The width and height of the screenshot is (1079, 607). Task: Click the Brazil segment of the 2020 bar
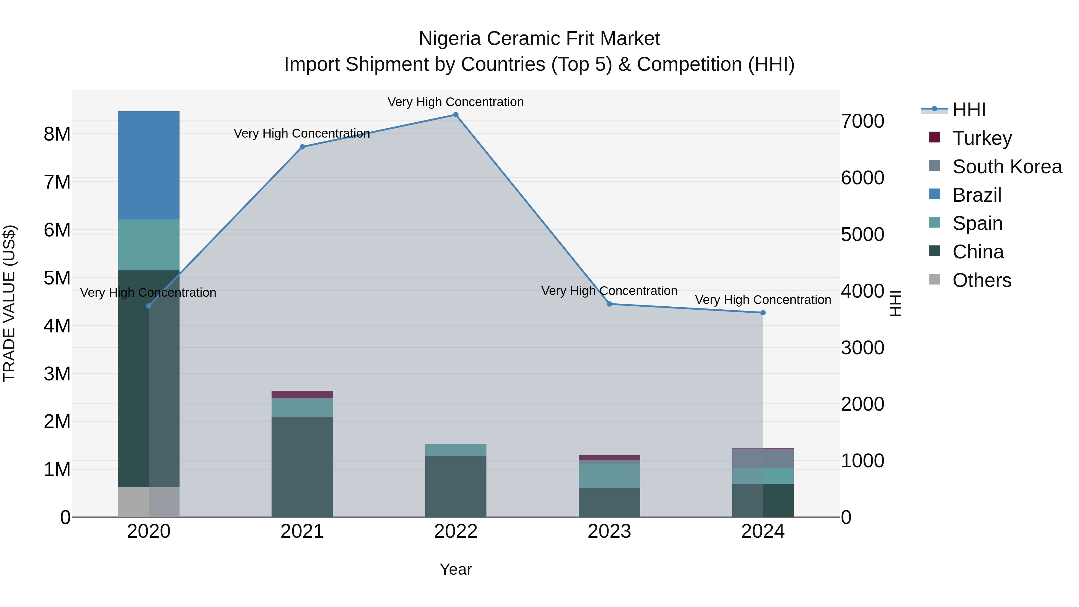point(149,165)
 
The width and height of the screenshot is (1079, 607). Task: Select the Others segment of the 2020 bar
point(149,501)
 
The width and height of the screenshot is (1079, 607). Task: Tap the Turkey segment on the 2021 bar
point(302,394)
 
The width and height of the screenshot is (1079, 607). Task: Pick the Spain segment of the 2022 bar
point(456,450)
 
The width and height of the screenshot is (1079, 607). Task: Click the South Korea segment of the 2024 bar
point(763,459)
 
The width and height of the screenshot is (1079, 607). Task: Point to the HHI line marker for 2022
point(456,115)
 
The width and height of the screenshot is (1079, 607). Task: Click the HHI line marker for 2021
point(302,147)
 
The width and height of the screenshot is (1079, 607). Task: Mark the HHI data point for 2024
point(763,313)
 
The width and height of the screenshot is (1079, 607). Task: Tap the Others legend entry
point(981,280)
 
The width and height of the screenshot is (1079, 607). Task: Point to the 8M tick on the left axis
point(57,135)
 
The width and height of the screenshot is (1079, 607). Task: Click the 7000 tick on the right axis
point(862,121)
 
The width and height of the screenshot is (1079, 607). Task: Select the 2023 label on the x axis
point(609,531)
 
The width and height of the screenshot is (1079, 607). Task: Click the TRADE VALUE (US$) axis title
point(10,303)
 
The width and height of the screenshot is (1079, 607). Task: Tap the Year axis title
point(456,569)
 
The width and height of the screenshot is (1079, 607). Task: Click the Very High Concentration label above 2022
point(456,102)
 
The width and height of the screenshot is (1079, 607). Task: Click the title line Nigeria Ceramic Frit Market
point(539,39)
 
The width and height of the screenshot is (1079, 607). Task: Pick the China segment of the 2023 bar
point(609,502)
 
